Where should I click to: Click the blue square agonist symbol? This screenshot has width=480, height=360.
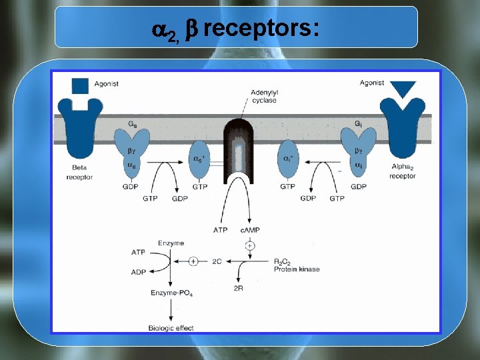click(80, 85)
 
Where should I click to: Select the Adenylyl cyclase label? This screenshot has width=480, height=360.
click(264, 96)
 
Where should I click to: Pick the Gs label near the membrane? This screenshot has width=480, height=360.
click(133, 124)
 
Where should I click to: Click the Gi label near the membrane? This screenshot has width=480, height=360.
click(359, 124)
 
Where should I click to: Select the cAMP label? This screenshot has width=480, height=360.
click(250, 230)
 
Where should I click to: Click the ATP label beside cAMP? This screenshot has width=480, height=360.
click(221, 230)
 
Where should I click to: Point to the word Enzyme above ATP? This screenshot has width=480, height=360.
click(171, 244)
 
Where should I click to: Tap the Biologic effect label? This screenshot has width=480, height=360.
click(171, 328)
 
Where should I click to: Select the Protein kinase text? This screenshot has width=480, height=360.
click(297, 269)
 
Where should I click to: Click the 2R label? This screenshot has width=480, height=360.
click(239, 287)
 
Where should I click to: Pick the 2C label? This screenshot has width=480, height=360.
click(217, 261)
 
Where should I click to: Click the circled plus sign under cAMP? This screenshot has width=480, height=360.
click(250, 246)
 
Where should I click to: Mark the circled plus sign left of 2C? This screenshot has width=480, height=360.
click(193, 261)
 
